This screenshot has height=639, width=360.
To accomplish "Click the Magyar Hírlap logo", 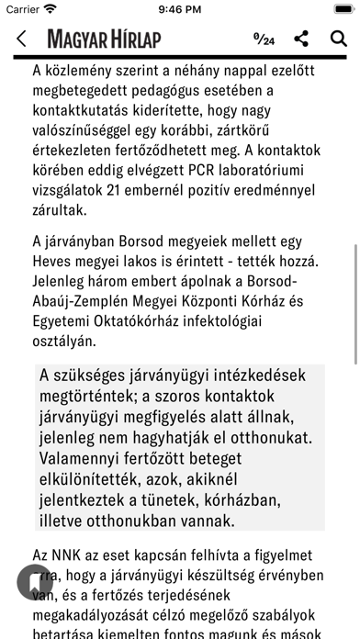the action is click(104, 39).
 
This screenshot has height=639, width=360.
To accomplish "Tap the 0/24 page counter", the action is click(264, 39).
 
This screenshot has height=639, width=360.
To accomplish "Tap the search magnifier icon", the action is click(337, 39).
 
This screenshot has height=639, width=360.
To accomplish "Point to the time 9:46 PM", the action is click(180, 9).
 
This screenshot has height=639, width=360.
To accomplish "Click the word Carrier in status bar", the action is click(22, 9).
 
